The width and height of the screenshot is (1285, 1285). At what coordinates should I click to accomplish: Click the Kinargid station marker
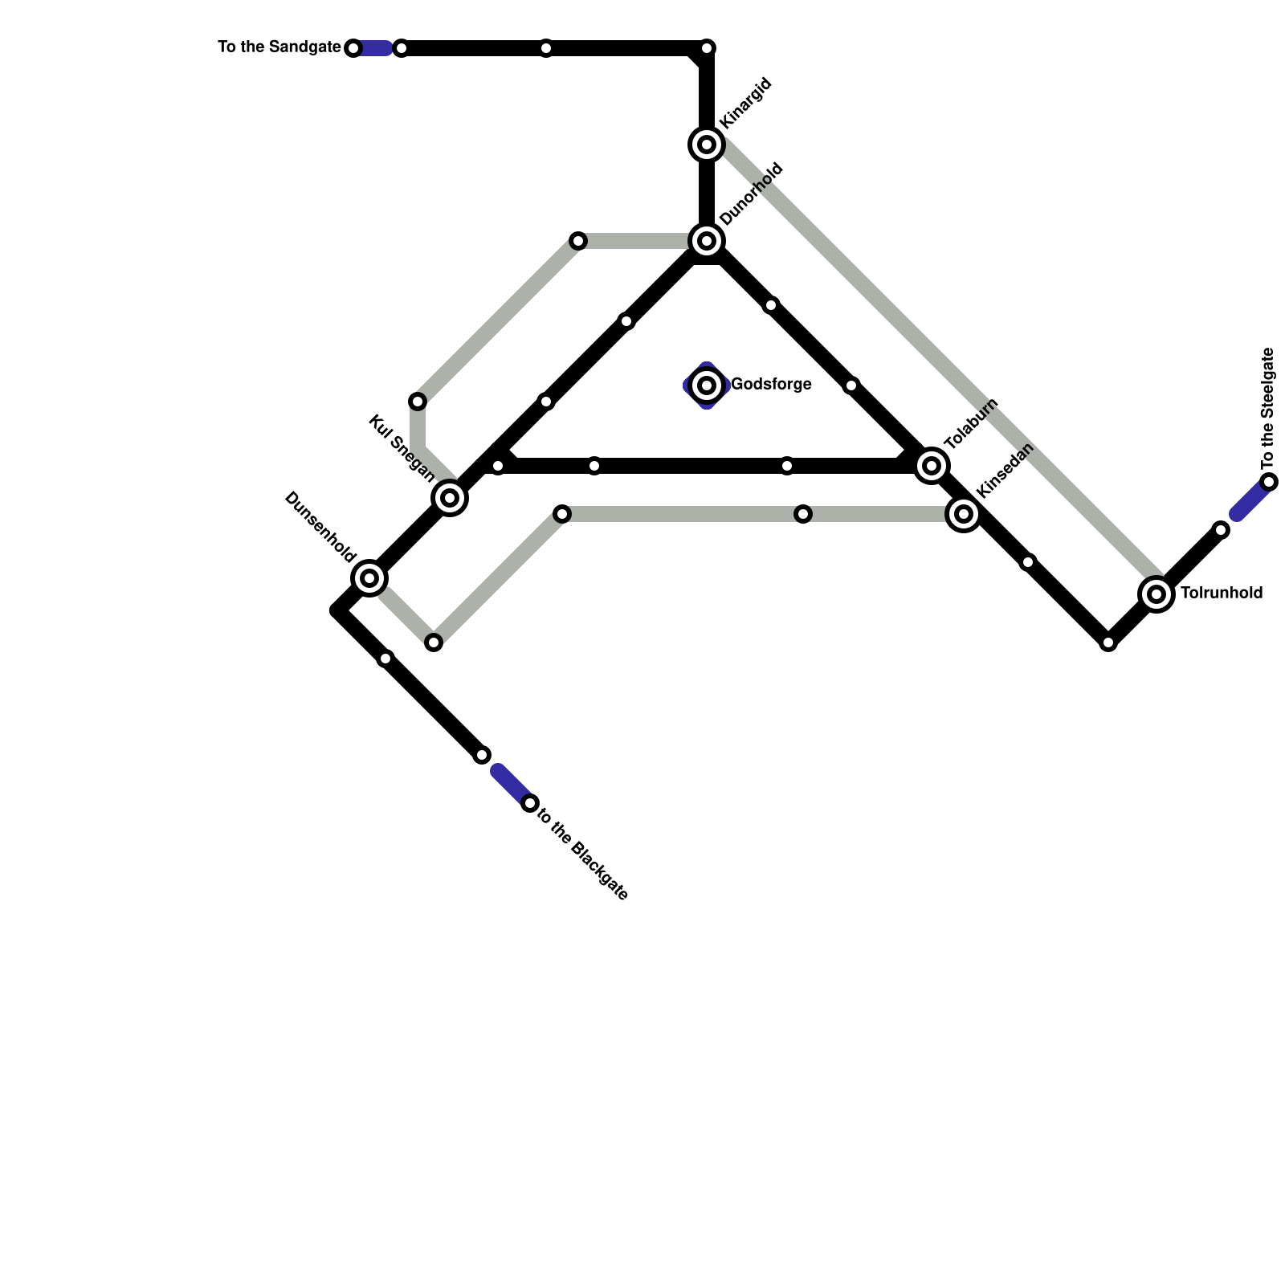coord(707,145)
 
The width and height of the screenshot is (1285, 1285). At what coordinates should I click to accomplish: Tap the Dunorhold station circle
coord(707,240)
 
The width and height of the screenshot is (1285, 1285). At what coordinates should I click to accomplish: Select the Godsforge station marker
coord(707,385)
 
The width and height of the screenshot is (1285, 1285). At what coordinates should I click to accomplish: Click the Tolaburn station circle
coord(932,465)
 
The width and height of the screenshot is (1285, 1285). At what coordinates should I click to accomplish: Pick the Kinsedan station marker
coord(964,514)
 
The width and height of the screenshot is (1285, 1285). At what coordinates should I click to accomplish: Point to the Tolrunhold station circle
coord(1156,594)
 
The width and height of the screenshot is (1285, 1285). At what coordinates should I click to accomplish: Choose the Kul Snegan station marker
coord(450,498)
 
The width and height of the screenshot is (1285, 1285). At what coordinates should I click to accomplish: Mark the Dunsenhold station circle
coord(369,577)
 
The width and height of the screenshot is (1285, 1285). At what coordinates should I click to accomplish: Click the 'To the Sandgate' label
coord(279,47)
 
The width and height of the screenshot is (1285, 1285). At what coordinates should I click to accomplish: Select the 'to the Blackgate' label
coord(582,852)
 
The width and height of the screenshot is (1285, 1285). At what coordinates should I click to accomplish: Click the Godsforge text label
coord(771,385)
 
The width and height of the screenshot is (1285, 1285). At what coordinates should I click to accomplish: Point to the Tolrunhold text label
coord(1222,594)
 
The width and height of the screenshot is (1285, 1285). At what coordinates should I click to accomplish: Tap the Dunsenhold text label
coord(320,527)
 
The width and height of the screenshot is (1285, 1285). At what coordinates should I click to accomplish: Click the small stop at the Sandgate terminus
coord(353,48)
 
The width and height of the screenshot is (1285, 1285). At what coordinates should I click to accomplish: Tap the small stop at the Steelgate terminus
coord(1269,482)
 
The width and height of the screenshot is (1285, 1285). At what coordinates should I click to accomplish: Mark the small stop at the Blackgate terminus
coord(529,803)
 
